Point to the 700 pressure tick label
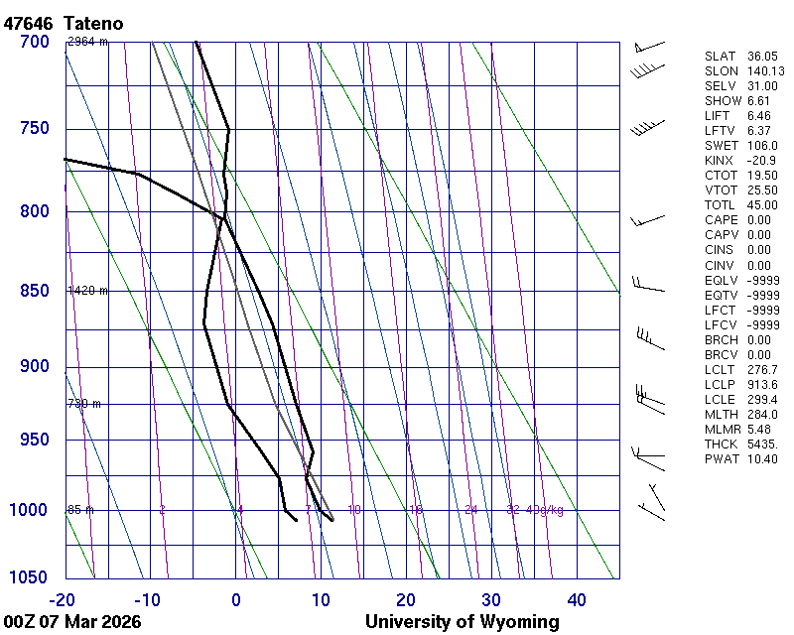[34, 42]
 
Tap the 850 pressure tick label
[34, 291]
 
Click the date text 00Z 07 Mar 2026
[71, 622]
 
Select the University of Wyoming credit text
[462, 622]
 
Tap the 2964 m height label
[87, 42]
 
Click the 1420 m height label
[87, 291]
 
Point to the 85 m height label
[79, 510]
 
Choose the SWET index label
[721, 146]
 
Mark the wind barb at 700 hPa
[647, 46]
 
